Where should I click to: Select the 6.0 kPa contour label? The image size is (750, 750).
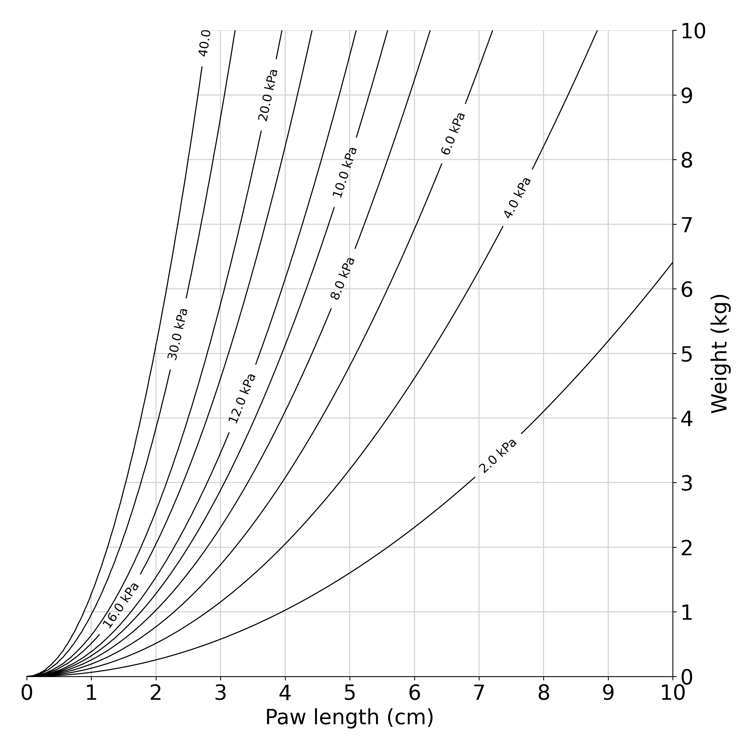coord(453,133)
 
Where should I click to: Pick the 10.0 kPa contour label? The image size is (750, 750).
coord(345,172)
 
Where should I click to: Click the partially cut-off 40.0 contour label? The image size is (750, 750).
coord(204,43)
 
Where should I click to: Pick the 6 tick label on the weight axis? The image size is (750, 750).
coord(686,289)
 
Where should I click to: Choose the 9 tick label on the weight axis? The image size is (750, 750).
coord(686,96)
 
